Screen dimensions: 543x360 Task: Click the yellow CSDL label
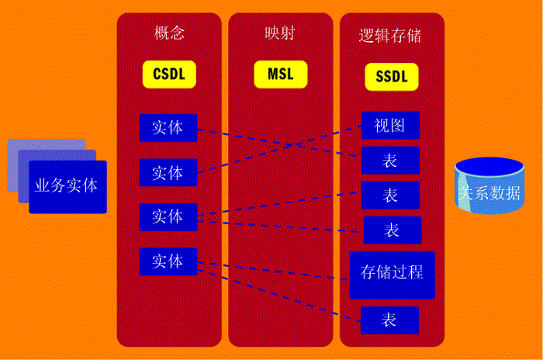click(169, 74)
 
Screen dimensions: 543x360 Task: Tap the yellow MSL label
click(281, 74)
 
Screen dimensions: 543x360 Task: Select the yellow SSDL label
click(392, 77)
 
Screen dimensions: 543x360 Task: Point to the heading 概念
click(169, 33)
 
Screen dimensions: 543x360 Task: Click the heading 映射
click(280, 33)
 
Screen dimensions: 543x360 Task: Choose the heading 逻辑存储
click(390, 36)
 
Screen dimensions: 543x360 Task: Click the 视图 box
click(391, 125)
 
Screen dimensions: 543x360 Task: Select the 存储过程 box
click(392, 275)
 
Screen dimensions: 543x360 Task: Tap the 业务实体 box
click(68, 187)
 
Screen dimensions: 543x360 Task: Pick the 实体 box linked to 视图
click(168, 172)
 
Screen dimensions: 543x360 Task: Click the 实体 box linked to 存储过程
click(168, 261)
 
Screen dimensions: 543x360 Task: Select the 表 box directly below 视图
click(391, 160)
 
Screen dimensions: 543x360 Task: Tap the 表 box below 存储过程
click(390, 320)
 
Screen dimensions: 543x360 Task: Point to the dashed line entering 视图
click(279, 149)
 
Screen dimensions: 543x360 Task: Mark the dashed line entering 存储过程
click(273, 271)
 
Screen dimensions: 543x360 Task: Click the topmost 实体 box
click(168, 128)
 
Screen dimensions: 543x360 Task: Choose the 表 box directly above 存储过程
click(393, 230)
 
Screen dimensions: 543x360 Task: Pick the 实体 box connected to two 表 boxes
click(168, 217)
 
